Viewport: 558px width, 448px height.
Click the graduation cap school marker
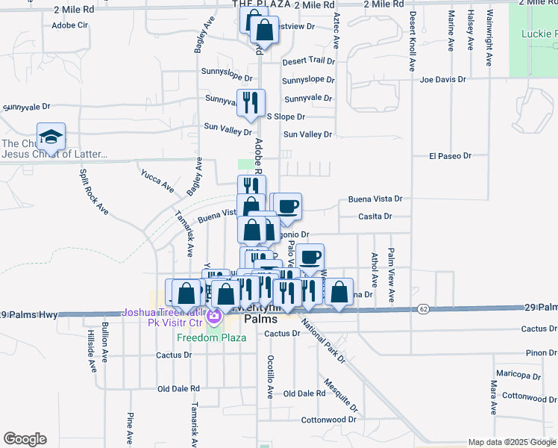(x=51, y=137)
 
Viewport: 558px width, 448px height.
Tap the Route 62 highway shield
(x=423, y=308)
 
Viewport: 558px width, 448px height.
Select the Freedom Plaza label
(x=211, y=337)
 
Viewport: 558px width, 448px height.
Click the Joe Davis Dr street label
(x=442, y=78)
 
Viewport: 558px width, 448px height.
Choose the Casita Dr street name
(x=374, y=216)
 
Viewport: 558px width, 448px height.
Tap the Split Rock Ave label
(x=94, y=192)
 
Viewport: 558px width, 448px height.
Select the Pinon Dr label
(x=541, y=352)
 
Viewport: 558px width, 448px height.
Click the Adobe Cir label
(x=69, y=25)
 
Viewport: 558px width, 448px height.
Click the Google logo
(x=25, y=439)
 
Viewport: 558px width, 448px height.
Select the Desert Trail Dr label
(x=308, y=60)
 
